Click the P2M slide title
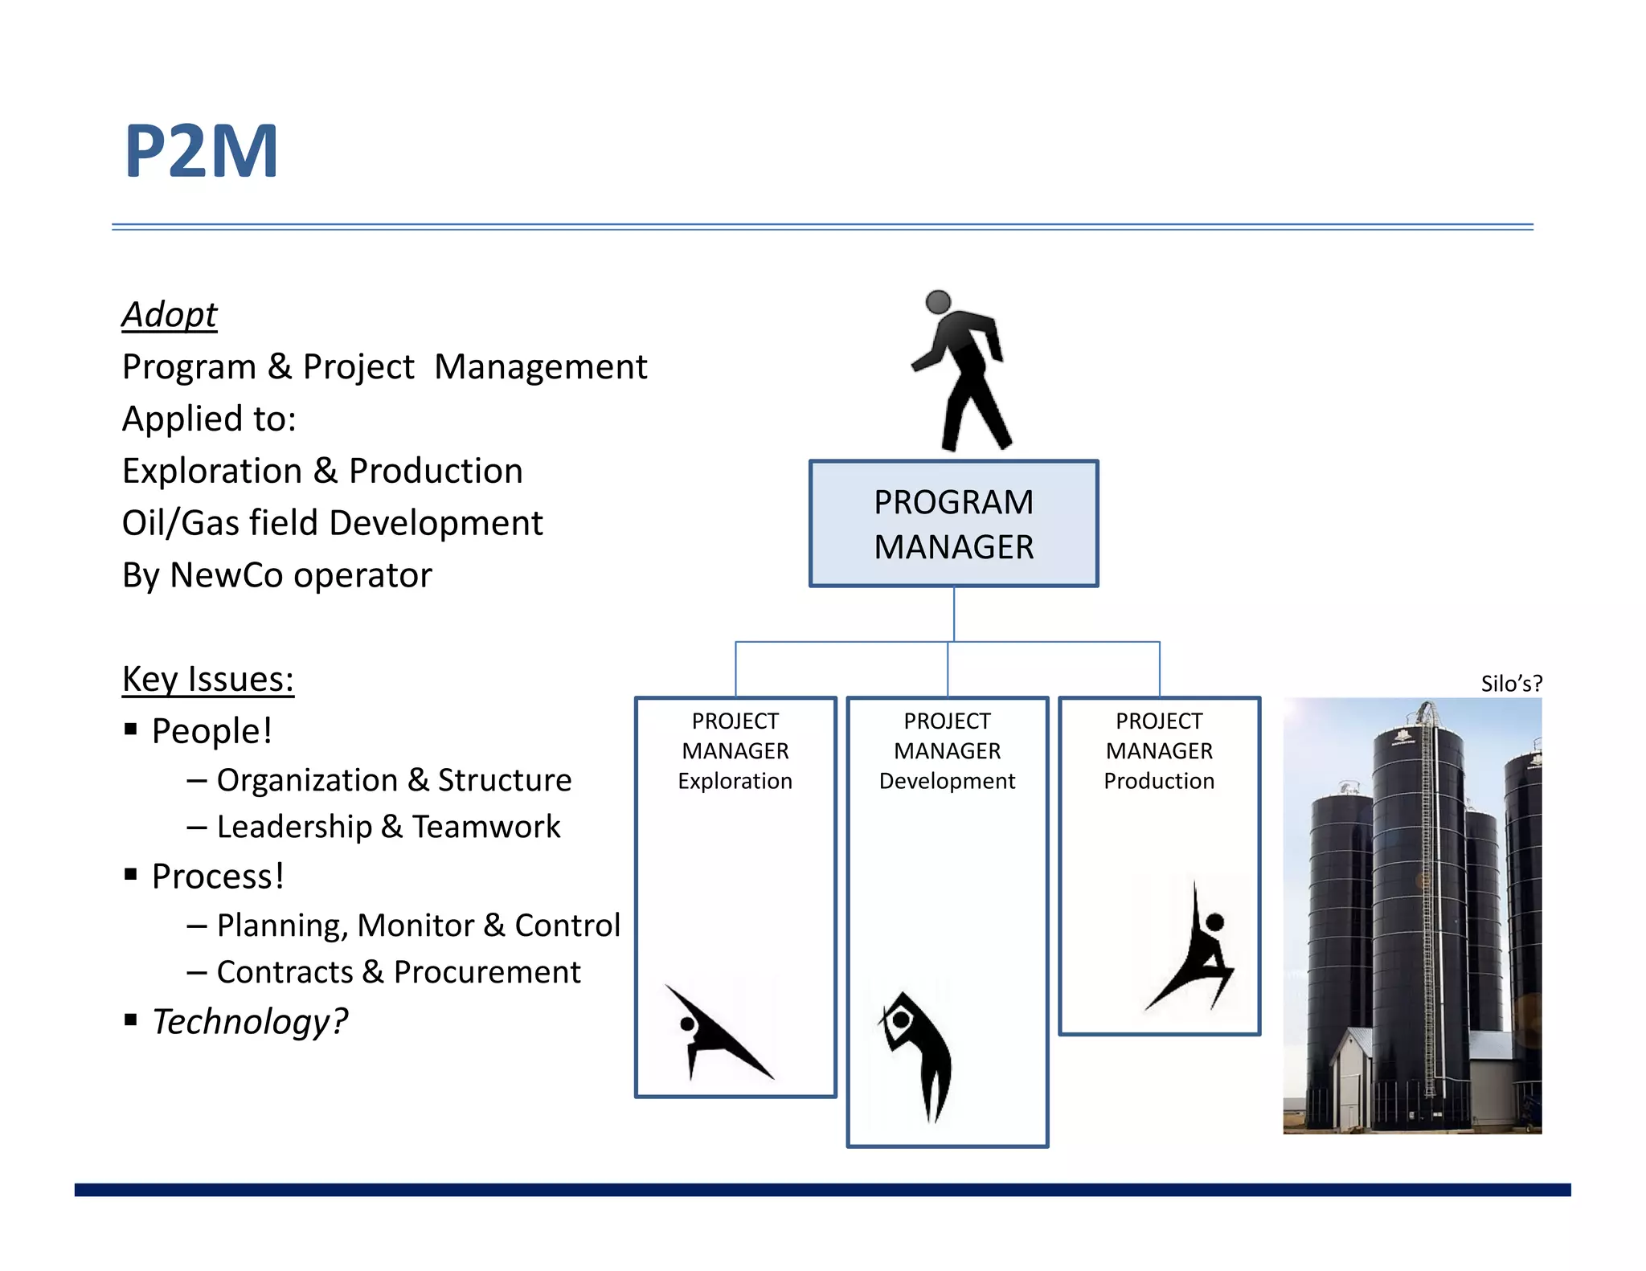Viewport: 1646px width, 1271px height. (202, 150)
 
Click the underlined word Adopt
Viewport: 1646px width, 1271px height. (170, 314)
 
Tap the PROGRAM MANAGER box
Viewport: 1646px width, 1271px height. (953, 524)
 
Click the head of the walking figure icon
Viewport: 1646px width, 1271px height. (938, 302)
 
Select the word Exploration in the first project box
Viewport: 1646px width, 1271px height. (735, 781)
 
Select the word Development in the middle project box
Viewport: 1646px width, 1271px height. (947, 781)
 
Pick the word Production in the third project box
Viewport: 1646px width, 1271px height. (1158, 781)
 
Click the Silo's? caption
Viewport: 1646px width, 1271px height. (1511, 684)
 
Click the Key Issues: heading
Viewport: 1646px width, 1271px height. (208, 679)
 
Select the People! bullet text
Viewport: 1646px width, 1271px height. (212, 731)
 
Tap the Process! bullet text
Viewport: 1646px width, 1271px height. (218, 877)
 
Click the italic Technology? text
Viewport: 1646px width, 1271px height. (250, 1022)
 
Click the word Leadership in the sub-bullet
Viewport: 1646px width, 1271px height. (294, 827)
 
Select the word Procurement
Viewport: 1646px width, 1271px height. (487, 972)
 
